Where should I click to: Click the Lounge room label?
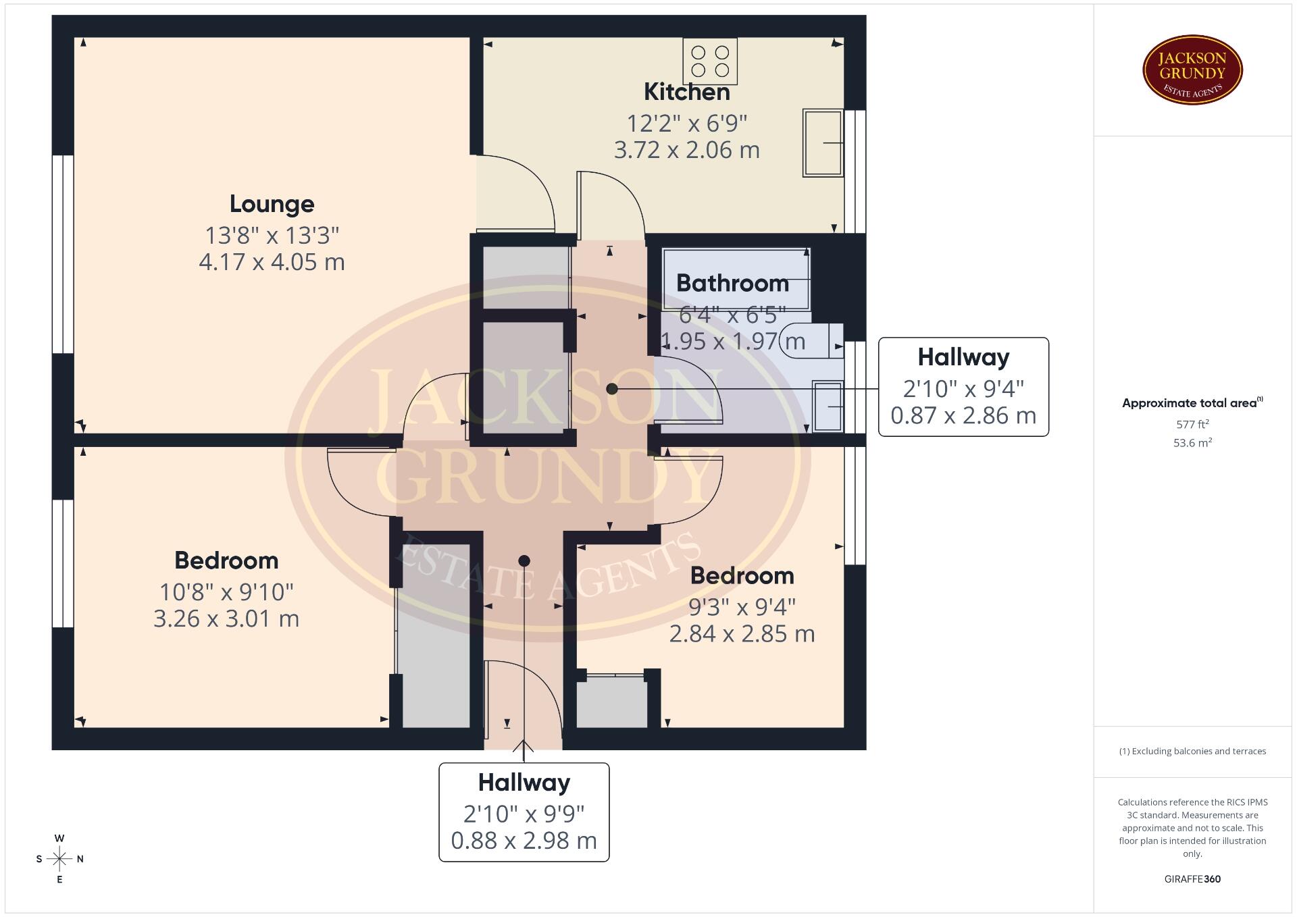click(272, 204)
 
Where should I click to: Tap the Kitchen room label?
click(686, 92)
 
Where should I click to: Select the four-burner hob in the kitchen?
click(710, 61)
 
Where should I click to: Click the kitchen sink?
click(823, 143)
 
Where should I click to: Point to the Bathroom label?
click(732, 283)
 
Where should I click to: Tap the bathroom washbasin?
click(828, 406)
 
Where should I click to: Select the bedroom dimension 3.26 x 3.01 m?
click(226, 619)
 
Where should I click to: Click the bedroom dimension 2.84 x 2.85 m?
click(742, 634)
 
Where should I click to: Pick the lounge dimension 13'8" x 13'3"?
click(272, 236)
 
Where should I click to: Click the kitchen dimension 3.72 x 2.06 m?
click(686, 150)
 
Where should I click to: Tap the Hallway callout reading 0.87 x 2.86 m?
click(963, 387)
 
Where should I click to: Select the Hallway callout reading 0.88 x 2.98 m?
click(524, 812)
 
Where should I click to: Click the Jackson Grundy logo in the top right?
click(1192, 70)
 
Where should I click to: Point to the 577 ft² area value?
click(1192, 424)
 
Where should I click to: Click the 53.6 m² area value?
click(1192, 443)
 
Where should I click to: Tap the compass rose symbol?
click(59, 859)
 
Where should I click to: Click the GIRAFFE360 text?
click(1192, 879)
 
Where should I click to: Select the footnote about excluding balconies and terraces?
click(1192, 751)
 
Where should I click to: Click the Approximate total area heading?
click(1192, 403)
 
